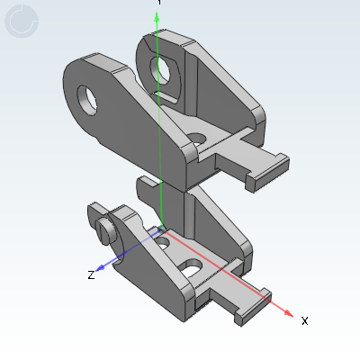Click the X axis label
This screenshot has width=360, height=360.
[x=304, y=320]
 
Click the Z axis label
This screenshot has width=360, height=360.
[x=91, y=274]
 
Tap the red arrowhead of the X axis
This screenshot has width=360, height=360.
[x=288, y=313]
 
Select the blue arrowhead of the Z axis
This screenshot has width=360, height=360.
[x=102, y=267]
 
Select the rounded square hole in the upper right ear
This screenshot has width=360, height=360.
[x=164, y=68]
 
